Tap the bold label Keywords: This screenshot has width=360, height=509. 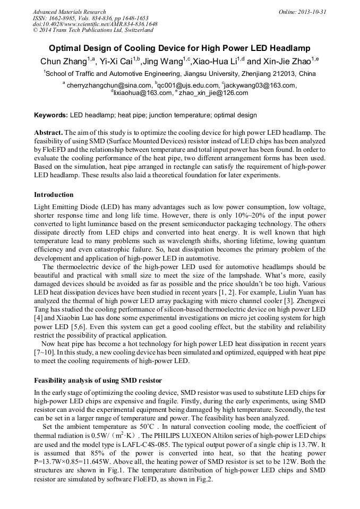51,115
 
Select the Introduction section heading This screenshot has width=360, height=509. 54,195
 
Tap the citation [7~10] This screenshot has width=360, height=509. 45,352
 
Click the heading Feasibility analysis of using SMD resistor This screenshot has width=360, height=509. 98,381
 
